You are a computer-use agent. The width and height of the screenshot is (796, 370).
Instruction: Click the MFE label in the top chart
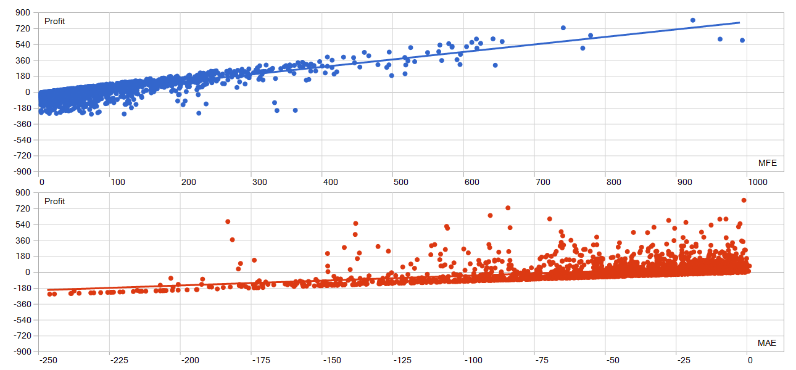click(767, 163)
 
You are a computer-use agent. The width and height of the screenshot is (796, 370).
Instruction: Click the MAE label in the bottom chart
click(767, 343)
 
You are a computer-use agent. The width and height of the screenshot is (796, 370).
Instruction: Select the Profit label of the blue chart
click(54, 22)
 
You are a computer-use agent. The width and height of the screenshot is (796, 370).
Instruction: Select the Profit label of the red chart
click(54, 202)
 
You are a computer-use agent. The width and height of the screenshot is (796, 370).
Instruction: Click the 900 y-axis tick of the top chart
click(23, 13)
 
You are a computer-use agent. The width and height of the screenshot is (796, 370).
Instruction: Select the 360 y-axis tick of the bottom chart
click(23, 240)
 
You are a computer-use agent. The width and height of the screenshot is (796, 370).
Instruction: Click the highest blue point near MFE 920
click(692, 20)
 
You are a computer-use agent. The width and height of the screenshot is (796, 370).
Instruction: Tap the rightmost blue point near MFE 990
click(742, 41)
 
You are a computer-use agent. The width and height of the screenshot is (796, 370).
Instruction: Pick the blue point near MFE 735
click(563, 28)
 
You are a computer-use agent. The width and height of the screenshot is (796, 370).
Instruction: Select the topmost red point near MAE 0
click(744, 200)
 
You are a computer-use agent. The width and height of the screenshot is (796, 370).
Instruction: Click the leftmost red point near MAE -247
click(49, 294)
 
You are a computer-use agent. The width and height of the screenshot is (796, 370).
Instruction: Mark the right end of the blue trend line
click(739, 23)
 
